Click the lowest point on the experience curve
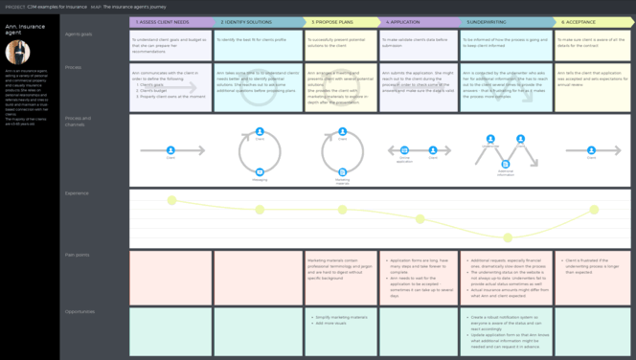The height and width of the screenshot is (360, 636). (509, 237)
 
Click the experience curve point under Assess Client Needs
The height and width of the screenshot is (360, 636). (171, 200)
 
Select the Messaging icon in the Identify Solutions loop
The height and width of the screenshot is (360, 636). (259, 170)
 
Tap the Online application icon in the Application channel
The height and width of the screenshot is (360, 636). (404, 149)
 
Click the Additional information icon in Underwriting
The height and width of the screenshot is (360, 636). (506, 165)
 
